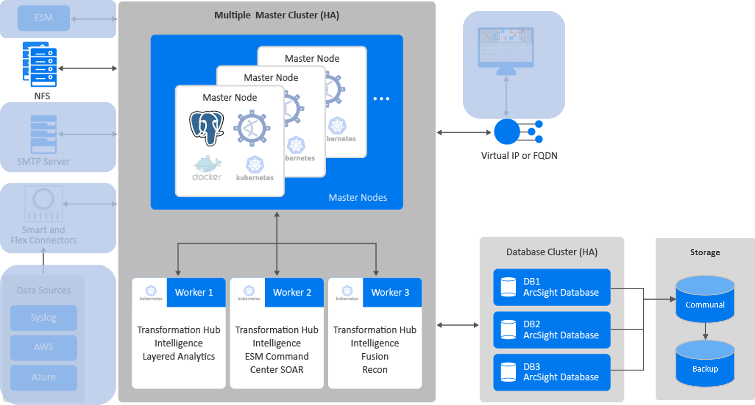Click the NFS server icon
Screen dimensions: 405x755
pos(40,65)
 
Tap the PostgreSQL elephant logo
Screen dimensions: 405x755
pos(206,128)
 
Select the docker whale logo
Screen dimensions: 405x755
pos(207,168)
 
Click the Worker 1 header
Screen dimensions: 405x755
pos(194,292)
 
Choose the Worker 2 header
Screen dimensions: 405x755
pos(292,292)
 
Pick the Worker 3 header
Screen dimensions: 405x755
pos(390,292)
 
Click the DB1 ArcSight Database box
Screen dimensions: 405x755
pos(552,287)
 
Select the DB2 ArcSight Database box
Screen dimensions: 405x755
pos(552,330)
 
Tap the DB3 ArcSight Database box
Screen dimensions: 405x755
pos(552,372)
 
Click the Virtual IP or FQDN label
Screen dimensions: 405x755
pos(519,156)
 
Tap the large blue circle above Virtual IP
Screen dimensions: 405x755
pos(507,132)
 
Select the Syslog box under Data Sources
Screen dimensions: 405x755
pos(43,318)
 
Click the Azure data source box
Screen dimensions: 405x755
pos(43,377)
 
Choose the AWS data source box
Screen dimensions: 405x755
pos(43,347)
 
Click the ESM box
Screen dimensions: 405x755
pos(43,18)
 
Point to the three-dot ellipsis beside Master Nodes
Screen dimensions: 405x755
pos(381,99)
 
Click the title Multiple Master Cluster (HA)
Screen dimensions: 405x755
pos(276,15)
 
